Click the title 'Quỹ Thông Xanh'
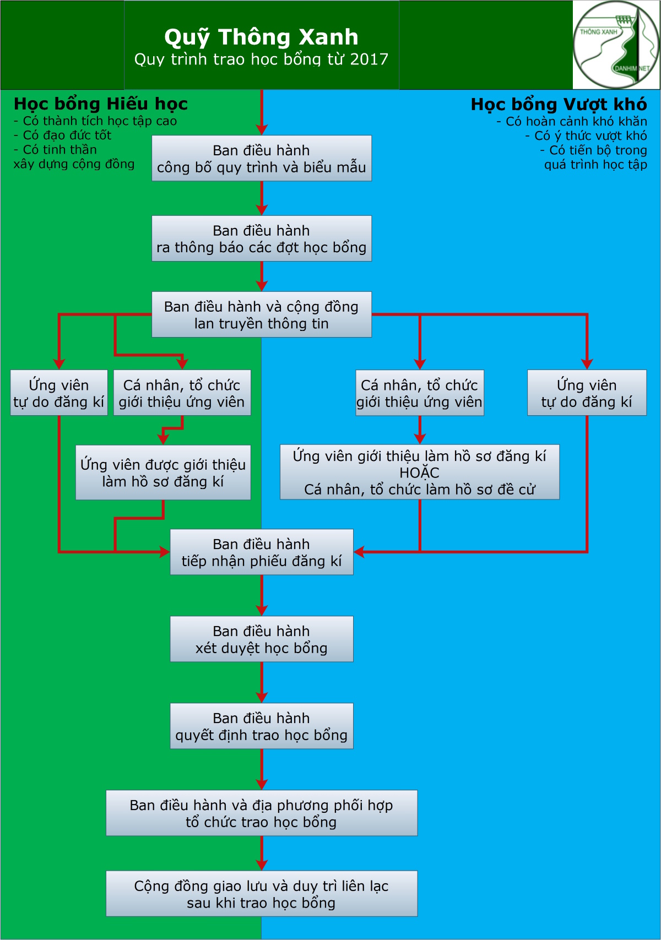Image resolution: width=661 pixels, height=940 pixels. point(261,37)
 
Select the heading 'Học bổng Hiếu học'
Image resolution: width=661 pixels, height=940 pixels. point(101,104)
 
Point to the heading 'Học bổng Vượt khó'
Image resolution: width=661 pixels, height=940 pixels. point(559,104)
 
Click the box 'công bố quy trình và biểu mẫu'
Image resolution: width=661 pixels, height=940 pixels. point(262,159)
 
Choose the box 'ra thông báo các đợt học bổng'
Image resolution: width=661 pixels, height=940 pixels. point(262,238)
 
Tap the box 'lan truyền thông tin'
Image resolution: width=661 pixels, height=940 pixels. point(262,314)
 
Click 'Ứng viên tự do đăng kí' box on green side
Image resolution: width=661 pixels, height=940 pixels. point(59,393)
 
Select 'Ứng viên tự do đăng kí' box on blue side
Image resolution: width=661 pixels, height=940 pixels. point(587,393)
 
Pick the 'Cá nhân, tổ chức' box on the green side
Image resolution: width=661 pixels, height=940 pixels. point(182,393)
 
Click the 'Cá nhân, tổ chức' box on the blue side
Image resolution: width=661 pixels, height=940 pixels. point(419,393)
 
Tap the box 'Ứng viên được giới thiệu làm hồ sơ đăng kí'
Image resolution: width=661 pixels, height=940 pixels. point(163,472)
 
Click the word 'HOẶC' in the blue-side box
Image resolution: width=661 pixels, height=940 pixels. point(419,472)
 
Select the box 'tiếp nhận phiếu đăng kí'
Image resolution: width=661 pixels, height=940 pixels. point(262,552)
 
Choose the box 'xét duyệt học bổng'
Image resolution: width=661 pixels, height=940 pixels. point(262,639)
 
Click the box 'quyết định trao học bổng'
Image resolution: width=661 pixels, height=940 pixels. point(262,726)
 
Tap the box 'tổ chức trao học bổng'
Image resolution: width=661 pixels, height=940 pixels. point(262,813)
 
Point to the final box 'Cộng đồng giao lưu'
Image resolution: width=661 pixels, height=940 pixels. point(262,893)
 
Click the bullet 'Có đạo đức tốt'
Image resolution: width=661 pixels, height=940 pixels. point(67,135)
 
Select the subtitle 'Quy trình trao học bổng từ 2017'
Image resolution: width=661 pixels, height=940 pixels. point(261,59)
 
